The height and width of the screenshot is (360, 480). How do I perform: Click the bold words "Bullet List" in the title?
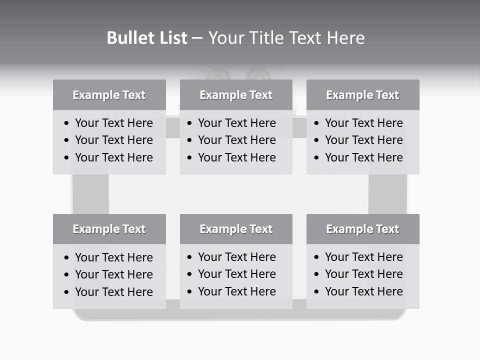pos(147,38)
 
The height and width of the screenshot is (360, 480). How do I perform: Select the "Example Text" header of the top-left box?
pos(109,95)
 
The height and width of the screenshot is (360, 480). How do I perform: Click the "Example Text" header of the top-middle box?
pos(236,95)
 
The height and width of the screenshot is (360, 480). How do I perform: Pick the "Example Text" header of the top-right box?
pos(362,95)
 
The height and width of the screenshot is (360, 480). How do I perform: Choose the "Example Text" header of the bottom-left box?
pos(109,229)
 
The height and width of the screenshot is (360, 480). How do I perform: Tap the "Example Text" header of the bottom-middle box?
pos(236,229)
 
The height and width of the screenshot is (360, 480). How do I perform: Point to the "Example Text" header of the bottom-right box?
pos(362,229)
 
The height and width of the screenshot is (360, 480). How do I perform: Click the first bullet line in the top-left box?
pos(113,123)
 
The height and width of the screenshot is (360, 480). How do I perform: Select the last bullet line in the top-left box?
pos(113,157)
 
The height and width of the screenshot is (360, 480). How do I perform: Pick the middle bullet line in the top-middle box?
pos(236,140)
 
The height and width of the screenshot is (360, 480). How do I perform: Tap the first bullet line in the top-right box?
pos(363,123)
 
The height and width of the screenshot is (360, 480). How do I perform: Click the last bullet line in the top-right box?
pos(363,157)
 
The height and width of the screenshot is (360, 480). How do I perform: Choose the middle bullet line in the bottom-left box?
pos(113,274)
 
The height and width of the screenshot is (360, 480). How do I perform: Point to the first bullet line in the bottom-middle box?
pos(236,257)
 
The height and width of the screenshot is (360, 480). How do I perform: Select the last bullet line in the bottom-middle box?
pos(236,291)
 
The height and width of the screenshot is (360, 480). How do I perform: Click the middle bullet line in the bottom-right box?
pos(363,274)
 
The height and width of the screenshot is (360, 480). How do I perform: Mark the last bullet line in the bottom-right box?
pos(363,291)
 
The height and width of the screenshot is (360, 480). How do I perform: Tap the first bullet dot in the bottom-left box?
pos(66,258)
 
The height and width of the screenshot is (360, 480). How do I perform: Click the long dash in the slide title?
pos(197,38)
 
